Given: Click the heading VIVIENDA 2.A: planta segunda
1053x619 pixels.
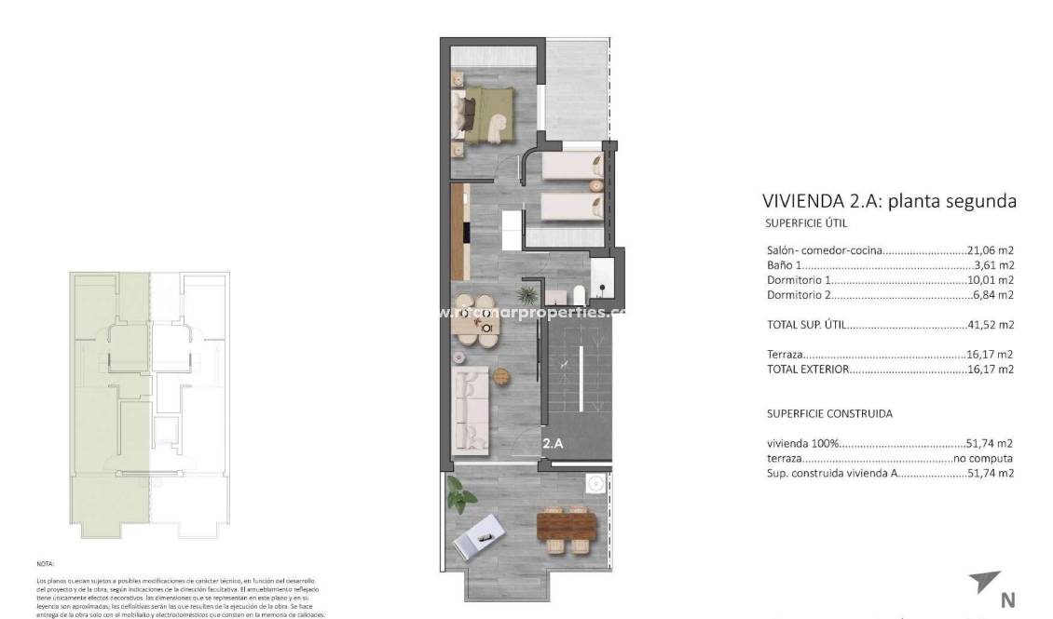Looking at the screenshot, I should coord(888,201).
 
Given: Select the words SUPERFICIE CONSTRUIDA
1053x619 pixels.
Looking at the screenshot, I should coord(829,413).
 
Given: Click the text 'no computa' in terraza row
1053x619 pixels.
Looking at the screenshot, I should coord(983,459).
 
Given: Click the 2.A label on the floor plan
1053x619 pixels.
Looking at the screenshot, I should coord(553,444).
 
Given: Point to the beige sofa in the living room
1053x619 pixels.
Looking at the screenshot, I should coord(472,409).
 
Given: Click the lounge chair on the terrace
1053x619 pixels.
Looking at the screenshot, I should coord(484,534).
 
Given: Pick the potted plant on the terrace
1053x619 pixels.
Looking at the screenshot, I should coord(459,494).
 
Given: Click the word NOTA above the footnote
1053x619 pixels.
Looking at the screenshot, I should coord(46,564).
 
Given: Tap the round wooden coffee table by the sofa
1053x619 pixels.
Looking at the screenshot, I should coord(502,376).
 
